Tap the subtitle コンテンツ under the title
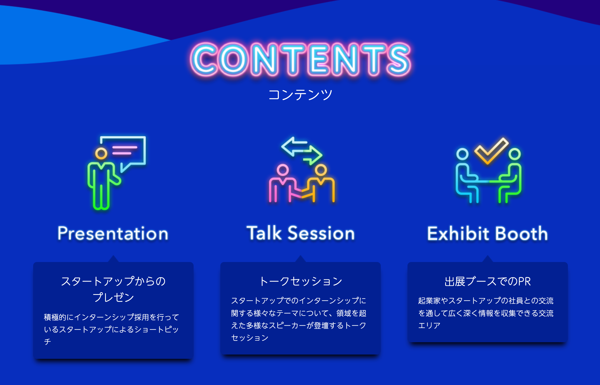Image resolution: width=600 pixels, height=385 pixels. pos(300,95)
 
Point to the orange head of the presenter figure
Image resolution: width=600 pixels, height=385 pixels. pos(101,153)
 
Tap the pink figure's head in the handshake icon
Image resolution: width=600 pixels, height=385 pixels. pos(283,170)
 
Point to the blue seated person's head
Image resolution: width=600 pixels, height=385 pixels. pos(462,154)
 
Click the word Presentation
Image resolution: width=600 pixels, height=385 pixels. pos(113,234)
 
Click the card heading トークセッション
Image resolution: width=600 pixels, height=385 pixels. pos(301,281)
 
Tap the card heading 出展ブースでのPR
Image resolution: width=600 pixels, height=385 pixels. pos(487,281)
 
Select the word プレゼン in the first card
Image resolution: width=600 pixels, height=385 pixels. pos(113,297)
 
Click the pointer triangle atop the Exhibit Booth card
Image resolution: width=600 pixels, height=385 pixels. pos(487,259)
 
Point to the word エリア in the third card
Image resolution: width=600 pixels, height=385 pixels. pos(429,325)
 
